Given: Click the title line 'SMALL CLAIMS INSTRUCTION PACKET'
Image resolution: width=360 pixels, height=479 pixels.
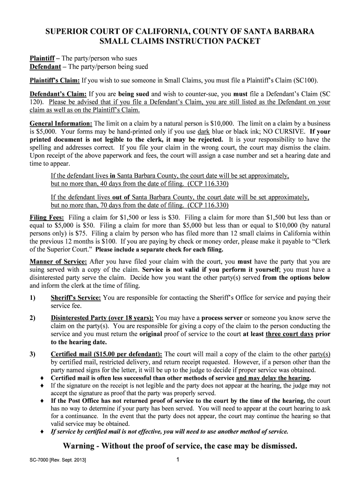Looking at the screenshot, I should point(180,42).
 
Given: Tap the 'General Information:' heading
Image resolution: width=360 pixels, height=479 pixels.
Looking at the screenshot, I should point(60,123).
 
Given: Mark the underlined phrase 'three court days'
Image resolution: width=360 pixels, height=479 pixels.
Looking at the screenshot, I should point(289,334).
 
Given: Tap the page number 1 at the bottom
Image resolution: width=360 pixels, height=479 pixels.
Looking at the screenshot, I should point(178,460).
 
